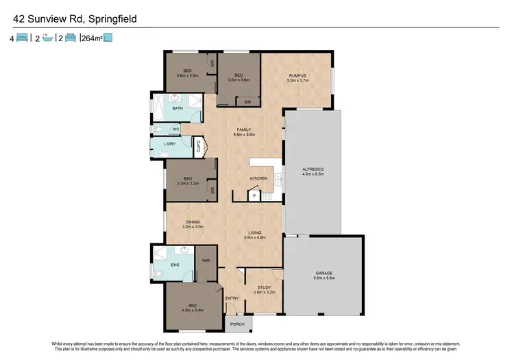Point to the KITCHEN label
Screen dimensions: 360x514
pyautogui.click(x=258, y=178)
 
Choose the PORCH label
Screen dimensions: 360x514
pyautogui.click(x=238, y=324)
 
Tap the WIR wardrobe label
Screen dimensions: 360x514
pyautogui.click(x=205, y=261)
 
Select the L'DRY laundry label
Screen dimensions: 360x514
pyautogui.click(x=170, y=144)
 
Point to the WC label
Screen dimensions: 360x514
pyautogui.click(x=175, y=129)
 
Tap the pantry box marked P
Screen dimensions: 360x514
pyautogui.click(x=254, y=196)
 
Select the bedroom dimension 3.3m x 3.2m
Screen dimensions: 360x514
pyautogui.click(x=187, y=184)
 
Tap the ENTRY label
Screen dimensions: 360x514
pyautogui.click(x=232, y=298)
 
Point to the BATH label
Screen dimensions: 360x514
pyautogui.click(x=177, y=108)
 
